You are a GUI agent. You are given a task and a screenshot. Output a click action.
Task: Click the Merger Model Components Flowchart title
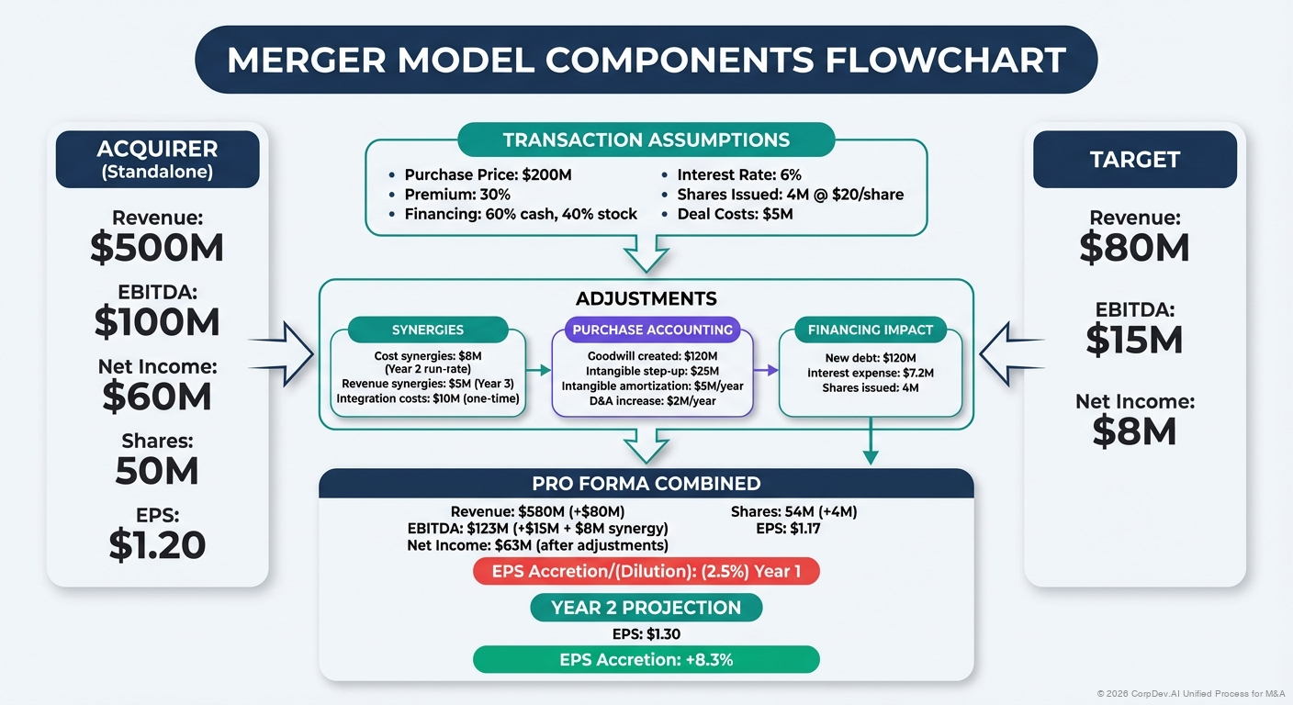(x=646, y=60)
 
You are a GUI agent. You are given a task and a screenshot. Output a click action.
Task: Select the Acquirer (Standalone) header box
(x=157, y=159)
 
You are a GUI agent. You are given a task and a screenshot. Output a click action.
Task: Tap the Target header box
(x=1134, y=159)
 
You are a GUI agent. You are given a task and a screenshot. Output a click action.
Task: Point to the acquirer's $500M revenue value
(x=157, y=248)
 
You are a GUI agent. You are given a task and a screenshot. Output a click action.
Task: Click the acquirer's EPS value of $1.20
(x=157, y=544)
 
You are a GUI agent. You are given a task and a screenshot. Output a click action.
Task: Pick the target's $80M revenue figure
(x=1134, y=248)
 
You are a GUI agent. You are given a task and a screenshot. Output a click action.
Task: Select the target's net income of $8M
(x=1134, y=431)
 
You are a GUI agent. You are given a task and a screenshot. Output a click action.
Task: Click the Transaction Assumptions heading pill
(x=646, y=140)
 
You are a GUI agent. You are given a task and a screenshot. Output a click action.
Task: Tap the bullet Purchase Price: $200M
(x=489, y=174)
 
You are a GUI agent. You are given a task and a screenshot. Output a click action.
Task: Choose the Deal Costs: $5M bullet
(x=735, y=214)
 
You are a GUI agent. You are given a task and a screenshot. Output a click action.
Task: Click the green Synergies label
(x=427, y=330)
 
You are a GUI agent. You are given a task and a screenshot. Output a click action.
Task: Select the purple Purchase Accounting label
(x=652, y=330)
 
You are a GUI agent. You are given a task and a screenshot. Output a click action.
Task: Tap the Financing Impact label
(x=870, y=330)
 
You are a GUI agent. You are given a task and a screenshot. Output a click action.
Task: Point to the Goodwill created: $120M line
(x=652, y=355)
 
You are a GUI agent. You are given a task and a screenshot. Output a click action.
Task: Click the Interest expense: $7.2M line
(x=871, y=373)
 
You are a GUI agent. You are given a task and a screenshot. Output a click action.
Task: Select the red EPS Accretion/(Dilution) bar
(x=646, y=571)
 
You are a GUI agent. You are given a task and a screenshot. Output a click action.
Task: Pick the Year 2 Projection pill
(x=646, y=608)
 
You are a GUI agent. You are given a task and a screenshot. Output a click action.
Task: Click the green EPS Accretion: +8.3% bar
(x=646, y=659)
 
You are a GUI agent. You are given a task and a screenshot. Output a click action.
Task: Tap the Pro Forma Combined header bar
(x=646, y=483)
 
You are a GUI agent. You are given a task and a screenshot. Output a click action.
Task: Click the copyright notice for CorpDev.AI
(x=1191, y=693)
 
